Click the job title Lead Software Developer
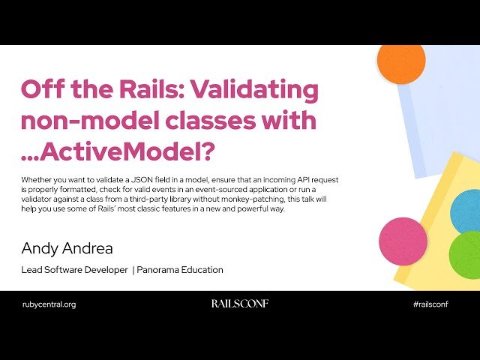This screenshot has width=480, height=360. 75,270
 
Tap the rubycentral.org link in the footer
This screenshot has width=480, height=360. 49,304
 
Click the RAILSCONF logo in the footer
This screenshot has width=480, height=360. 239,304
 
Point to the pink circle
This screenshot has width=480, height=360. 403,241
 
